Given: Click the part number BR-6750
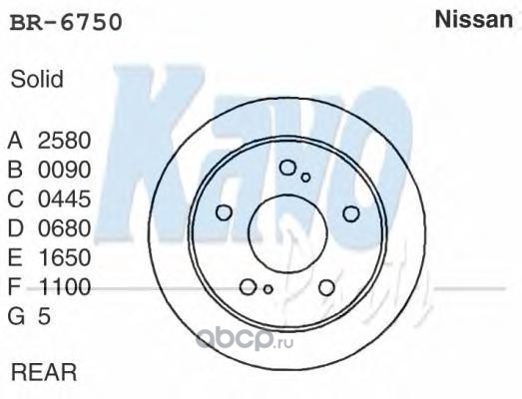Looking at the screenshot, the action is [x=66, y=22].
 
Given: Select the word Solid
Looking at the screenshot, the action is [x=37, y=79].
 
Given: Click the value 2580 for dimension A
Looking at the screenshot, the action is [x=64, y=140].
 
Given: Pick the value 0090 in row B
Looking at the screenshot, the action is [x=64, y=170].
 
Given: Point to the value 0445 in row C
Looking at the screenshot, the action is [x=64, y=199].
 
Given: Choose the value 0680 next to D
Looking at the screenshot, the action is [x=64, y=228].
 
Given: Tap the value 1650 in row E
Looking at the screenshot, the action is [x=64, y=257].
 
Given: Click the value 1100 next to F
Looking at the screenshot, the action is [x=64, y=286].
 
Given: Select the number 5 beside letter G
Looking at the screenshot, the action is [x=44, y=316].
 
